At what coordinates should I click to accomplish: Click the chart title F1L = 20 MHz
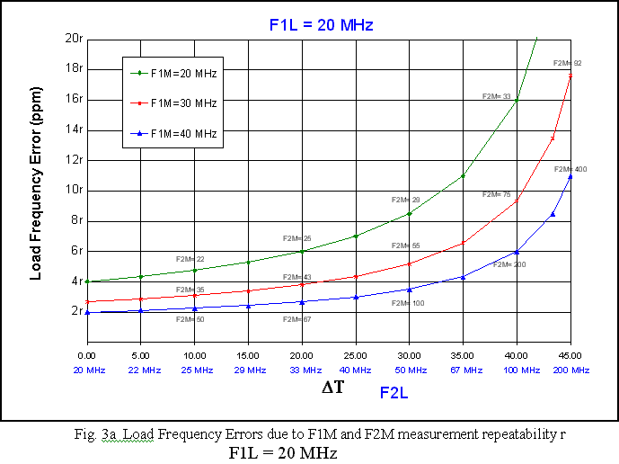321,25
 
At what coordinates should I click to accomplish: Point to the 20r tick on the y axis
75,38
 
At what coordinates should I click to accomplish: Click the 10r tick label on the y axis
75,190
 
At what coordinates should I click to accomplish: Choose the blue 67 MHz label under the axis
464,370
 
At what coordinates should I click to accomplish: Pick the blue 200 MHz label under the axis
570,370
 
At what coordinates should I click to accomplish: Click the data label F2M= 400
570,169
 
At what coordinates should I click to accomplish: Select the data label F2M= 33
496,96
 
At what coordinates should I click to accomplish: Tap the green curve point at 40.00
517,100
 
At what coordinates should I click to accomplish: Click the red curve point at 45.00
570,76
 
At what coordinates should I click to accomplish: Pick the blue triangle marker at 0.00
87,312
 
